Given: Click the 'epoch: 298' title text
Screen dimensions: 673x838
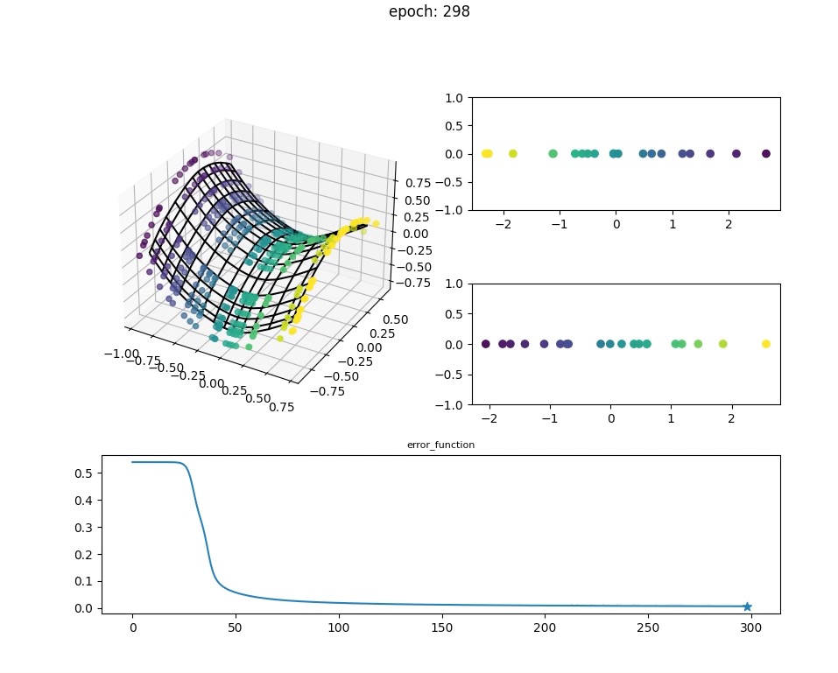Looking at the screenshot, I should click(429, 12).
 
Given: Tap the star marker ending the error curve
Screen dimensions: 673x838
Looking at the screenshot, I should click(747, 606).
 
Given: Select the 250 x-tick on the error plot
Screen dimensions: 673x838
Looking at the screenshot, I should click(648, 627).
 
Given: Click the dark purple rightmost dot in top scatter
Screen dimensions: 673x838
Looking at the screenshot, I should click(766, 154).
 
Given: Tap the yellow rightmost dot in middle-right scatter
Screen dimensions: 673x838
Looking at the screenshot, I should click(766, 344).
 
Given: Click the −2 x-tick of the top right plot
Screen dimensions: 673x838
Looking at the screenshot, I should click(503, 224).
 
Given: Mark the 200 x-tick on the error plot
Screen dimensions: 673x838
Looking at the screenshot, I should click(545, 627).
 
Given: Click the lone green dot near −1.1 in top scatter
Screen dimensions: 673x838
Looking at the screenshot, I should click(553, 154).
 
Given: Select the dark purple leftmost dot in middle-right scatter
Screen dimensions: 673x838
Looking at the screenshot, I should click(485, 344).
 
